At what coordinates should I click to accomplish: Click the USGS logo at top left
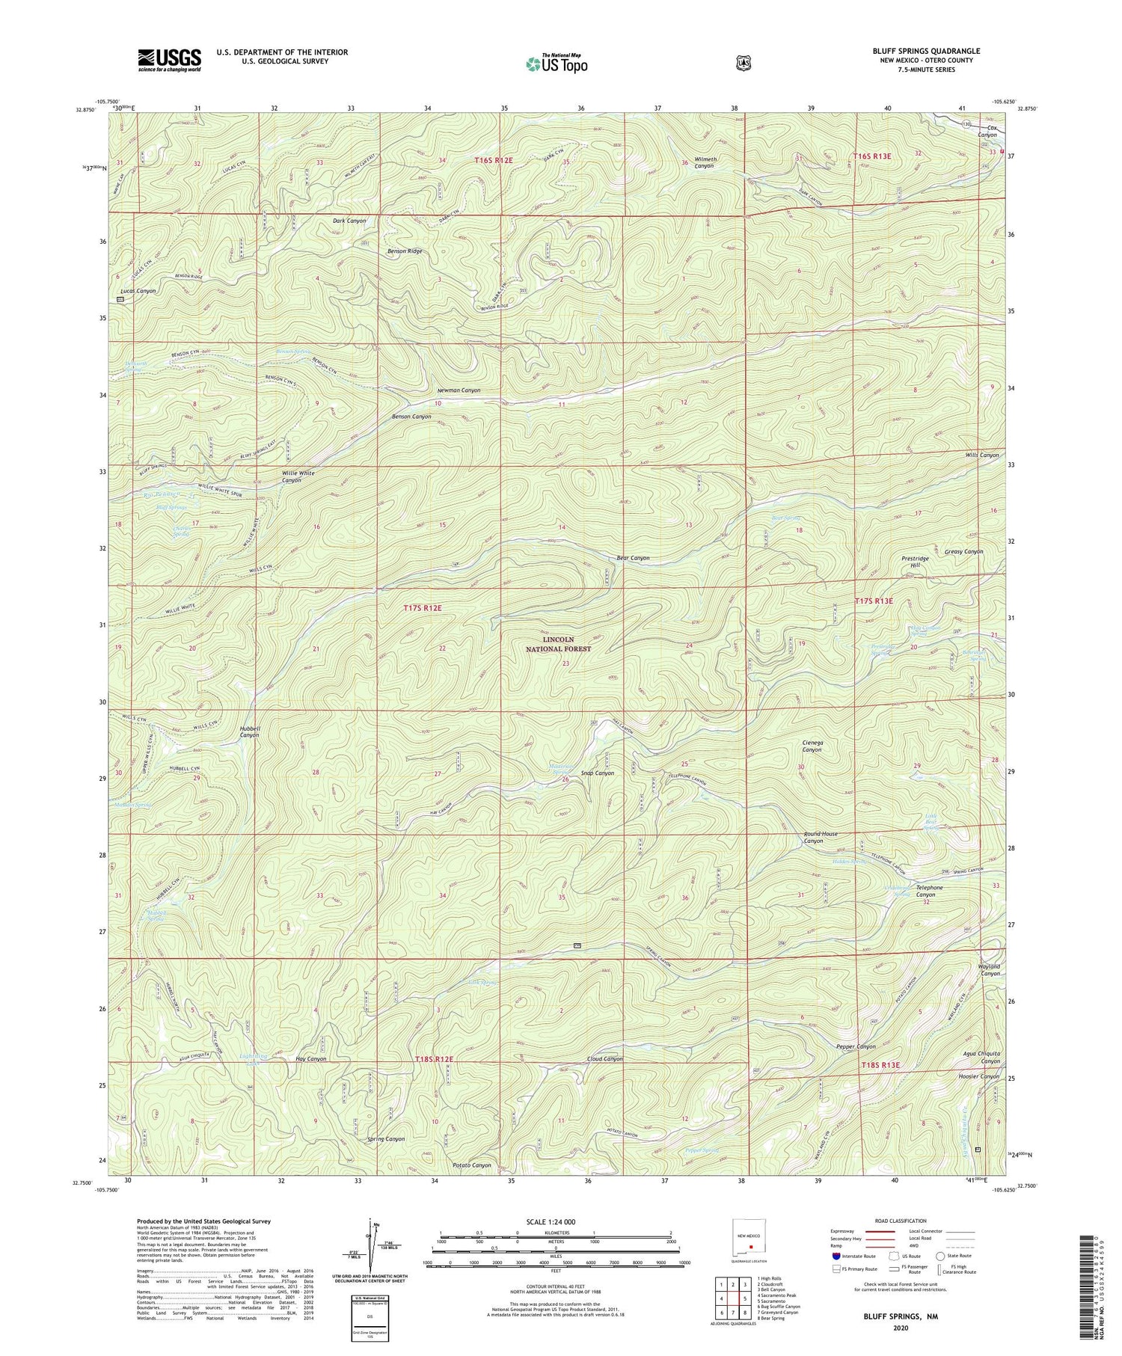pyautogui.click(x=169, y=59)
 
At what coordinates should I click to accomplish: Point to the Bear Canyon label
pyautogui.click(x=633, y=558)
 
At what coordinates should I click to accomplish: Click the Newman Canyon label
pyautogui.click(x=459, y=390)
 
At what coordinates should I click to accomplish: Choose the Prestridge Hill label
pyautogui.click(x=915, y=562)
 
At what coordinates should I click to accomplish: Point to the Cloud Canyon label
pyautogui.click(x=604, y=1059)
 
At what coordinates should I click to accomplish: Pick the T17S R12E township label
pyautogui.click(x=423, y=609)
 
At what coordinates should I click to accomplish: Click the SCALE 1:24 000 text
pyautogui.click(x=555, y=1222)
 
